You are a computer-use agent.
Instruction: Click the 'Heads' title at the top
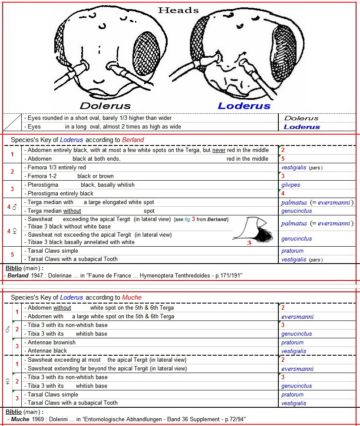pyautogui.click(x=178, y=10)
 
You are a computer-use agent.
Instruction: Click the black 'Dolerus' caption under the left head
pyautogui.click(x=105, y=106)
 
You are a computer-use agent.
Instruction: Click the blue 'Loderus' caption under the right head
pyautogui.click(x=244, y=106)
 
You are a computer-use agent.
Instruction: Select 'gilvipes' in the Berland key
pyautogui.click(x=291, y=185)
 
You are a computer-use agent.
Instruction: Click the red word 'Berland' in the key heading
pyautogui.click(x=133, y=140)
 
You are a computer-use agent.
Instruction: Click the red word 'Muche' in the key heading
pyautogui.click(x=132, y=297)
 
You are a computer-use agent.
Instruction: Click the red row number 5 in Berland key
pyautogui.click(x=12, y=255)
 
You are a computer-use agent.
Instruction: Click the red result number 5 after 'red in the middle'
pyautogui.click(x=283, y=159)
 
